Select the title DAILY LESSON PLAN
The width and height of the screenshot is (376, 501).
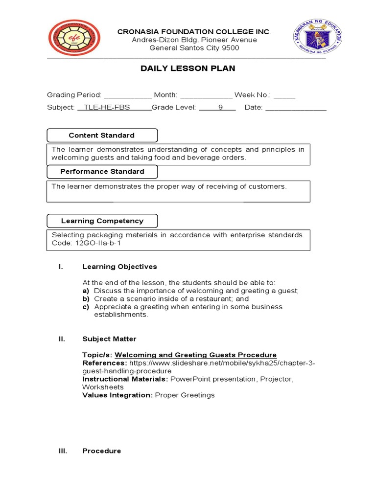[x=188, y=68]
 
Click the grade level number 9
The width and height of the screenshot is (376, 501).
[x=220, y=108]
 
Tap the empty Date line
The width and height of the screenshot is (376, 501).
[x=295, y=108]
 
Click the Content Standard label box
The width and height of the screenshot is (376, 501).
[x=102, y=136]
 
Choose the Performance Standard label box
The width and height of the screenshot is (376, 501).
[x=102, y=172]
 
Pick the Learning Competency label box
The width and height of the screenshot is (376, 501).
[x=102, y=221]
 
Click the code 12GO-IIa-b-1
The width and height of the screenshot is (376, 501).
[x=93, y=243]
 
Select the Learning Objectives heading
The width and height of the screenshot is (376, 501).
[x=119, y=267]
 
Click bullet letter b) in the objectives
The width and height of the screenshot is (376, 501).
[x=86, y=298]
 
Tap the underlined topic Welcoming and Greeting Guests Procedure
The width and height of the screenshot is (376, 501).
[x=195, y=355]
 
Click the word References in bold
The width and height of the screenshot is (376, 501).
[x=104, y=363]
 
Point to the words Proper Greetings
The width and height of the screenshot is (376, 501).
[x=185, y=395]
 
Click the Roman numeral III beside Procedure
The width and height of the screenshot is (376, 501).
[x=62, y=451]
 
